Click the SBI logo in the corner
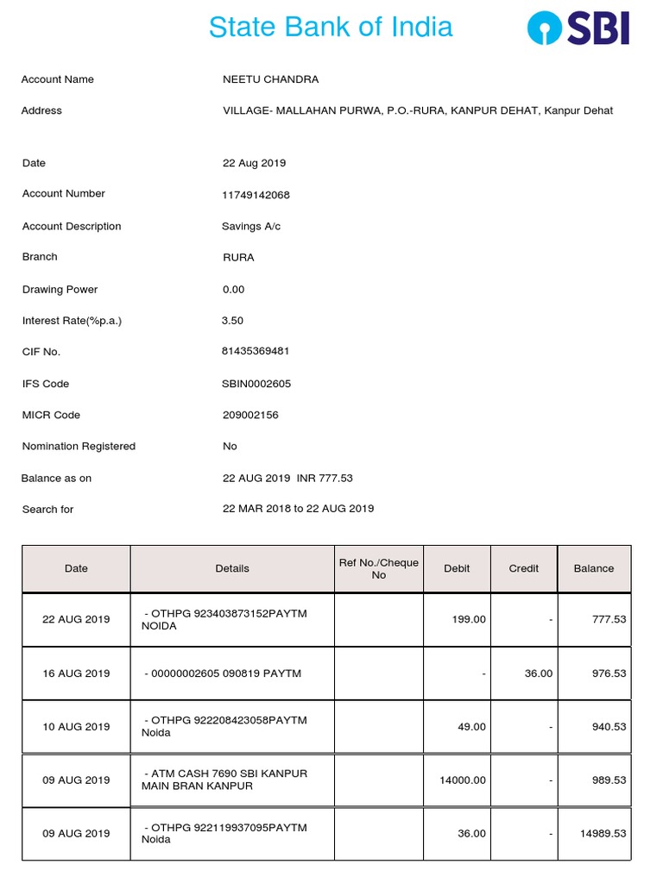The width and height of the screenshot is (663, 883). tap(578, 28)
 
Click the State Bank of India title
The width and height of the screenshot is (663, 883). tap(331, 27)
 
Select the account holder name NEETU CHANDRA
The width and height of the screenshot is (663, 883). tap(270, 79)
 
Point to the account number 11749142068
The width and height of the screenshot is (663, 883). tap(256, 195)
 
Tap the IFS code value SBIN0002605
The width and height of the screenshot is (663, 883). tap(256, 384)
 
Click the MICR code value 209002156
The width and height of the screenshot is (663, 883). tap(250, 415)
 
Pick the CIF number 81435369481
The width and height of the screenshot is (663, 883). tap(256, 352)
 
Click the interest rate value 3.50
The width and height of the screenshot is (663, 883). tap(233, 321)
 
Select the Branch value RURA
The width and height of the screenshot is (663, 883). tap(238, 258)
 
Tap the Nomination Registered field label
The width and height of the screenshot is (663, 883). tap(79, 447)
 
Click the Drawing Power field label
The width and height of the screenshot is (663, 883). tap(60, 290)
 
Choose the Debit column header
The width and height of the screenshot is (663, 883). tap(457, 569)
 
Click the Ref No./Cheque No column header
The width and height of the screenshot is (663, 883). tap(378, 569)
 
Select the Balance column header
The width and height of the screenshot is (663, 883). tap(594, 569)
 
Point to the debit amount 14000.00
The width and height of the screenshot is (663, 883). tap(464, 780)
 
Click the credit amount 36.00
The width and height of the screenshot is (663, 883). tap(539, 673)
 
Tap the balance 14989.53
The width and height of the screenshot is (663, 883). tap(603, 834)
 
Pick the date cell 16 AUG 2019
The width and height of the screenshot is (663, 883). tap(76, 673)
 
